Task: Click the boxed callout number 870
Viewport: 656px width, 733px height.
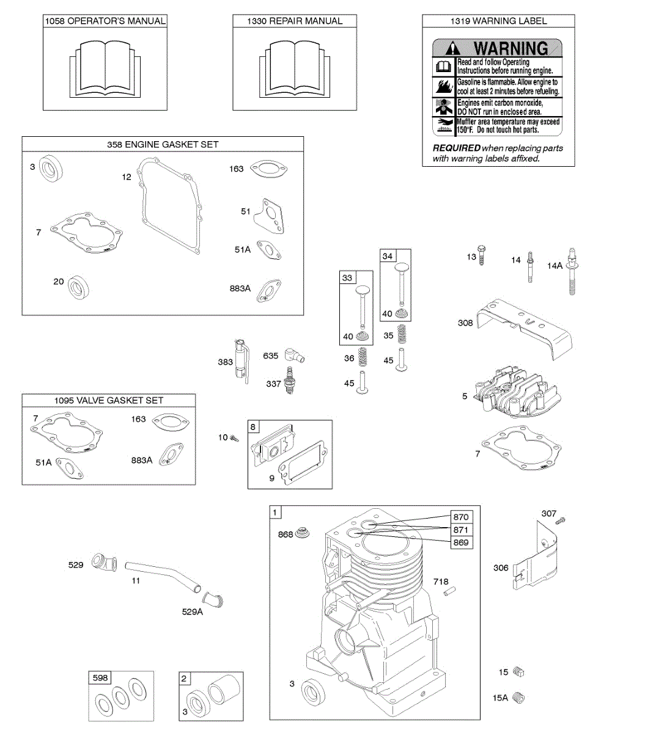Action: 461,517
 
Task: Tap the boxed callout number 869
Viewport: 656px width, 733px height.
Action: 461,542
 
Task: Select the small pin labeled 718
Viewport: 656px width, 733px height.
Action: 451,591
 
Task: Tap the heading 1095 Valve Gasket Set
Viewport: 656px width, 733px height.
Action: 109,401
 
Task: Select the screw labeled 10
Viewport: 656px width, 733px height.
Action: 234,437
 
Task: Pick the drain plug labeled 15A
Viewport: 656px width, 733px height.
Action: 519,697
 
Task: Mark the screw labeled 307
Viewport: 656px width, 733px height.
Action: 561,520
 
